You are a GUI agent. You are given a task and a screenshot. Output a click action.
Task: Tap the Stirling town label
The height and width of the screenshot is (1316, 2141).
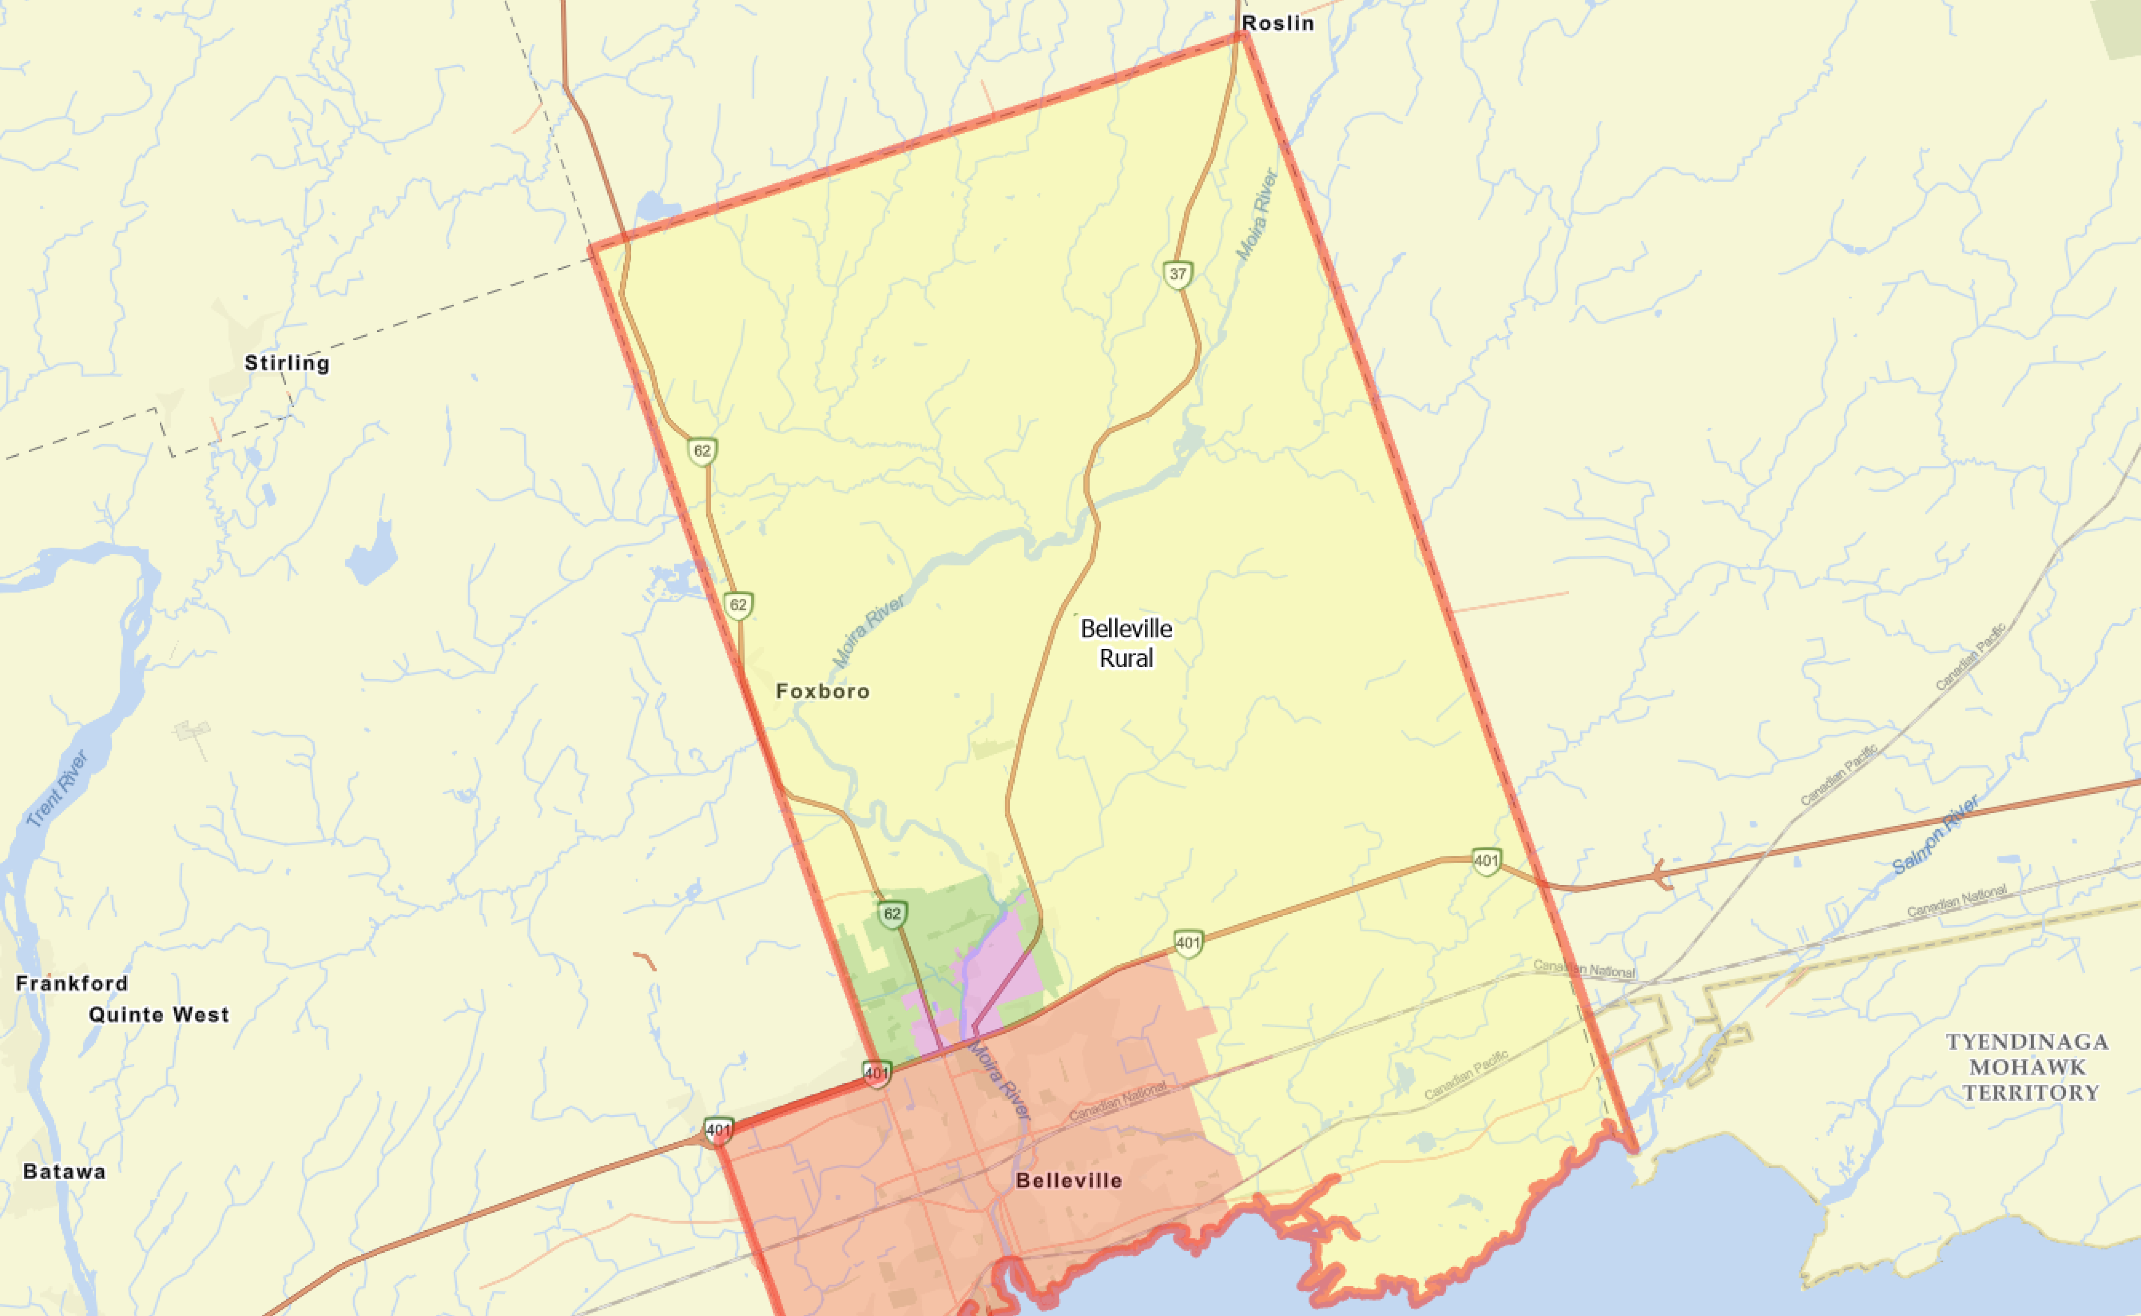287,363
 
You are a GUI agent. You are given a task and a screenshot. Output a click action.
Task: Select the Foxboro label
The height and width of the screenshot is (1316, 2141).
822,691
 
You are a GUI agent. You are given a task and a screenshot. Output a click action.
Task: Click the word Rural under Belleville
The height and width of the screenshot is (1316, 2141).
1127,658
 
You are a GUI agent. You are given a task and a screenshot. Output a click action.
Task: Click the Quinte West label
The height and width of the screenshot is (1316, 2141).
159,1015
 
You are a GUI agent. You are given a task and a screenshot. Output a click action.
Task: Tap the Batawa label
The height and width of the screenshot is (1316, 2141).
64,1171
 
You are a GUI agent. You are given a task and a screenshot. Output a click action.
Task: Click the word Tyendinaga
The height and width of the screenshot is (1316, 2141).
2027,1042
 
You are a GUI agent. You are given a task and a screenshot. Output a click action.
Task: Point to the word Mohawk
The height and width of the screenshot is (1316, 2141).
2027,1067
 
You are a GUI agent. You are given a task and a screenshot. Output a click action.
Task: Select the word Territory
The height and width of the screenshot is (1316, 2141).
2030,1092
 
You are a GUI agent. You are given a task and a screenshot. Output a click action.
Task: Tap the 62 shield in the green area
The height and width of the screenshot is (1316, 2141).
892,914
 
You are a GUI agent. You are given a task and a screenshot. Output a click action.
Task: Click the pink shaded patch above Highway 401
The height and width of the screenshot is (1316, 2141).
1000,966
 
